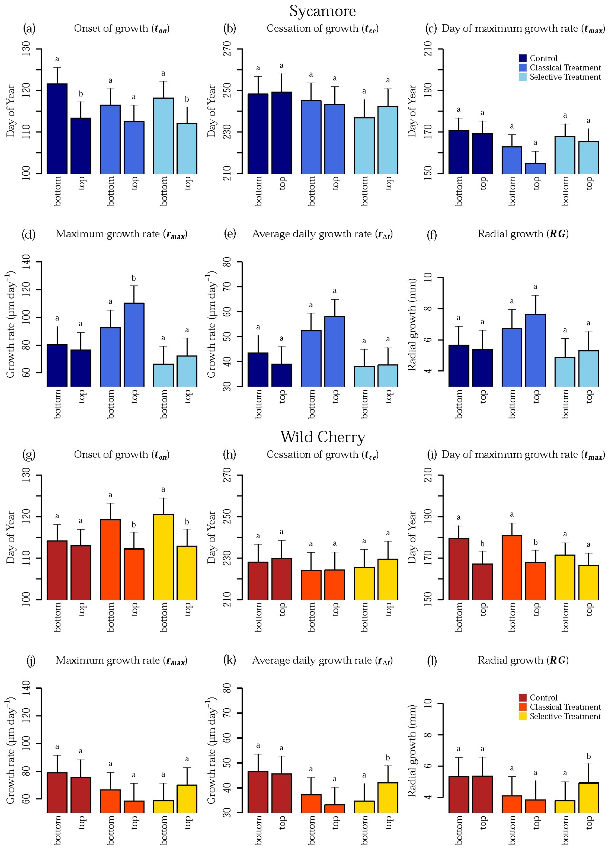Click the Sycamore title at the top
(x=322, y=11)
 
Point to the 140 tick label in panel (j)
(x=26, y=688)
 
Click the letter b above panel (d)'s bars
(x=134, y=278)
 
